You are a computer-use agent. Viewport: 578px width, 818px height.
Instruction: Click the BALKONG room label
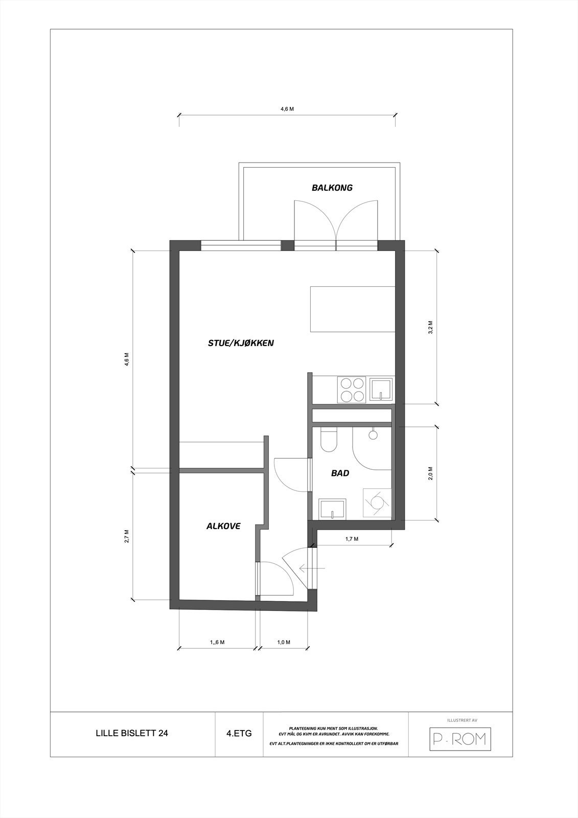coord(332,188)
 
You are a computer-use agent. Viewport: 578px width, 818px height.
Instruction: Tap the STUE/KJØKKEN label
coord(241,343)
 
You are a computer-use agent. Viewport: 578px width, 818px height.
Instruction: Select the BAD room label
coord(340,473)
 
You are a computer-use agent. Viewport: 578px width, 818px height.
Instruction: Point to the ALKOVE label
coord(223,526)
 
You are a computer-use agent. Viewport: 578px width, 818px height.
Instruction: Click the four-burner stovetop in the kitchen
coord(352,390)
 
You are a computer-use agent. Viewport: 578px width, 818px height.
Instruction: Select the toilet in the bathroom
coord(328,440)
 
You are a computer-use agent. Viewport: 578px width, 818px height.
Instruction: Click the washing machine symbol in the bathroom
coord(377,502)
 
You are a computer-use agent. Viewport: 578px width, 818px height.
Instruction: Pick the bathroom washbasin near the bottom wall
coord(332,509)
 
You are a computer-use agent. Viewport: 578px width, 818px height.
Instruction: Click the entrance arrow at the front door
coord(312,568)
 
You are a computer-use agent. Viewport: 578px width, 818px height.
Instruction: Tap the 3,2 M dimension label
coord(430,327)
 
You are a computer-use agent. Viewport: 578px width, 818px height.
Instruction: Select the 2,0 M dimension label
coord(430,473)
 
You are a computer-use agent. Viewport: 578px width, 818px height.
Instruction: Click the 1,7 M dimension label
coord(352,539)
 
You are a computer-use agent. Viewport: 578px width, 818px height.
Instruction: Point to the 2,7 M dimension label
coord(127,536)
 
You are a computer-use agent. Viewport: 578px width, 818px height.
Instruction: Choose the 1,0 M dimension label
coord(284,642)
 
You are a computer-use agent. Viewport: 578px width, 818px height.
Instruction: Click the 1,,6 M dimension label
coord(217,642)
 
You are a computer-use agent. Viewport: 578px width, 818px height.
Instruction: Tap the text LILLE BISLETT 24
coord(132,733)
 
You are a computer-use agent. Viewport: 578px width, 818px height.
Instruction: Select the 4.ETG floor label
coord(239,733)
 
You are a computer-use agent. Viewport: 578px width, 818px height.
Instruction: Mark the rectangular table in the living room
coord(353,309)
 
